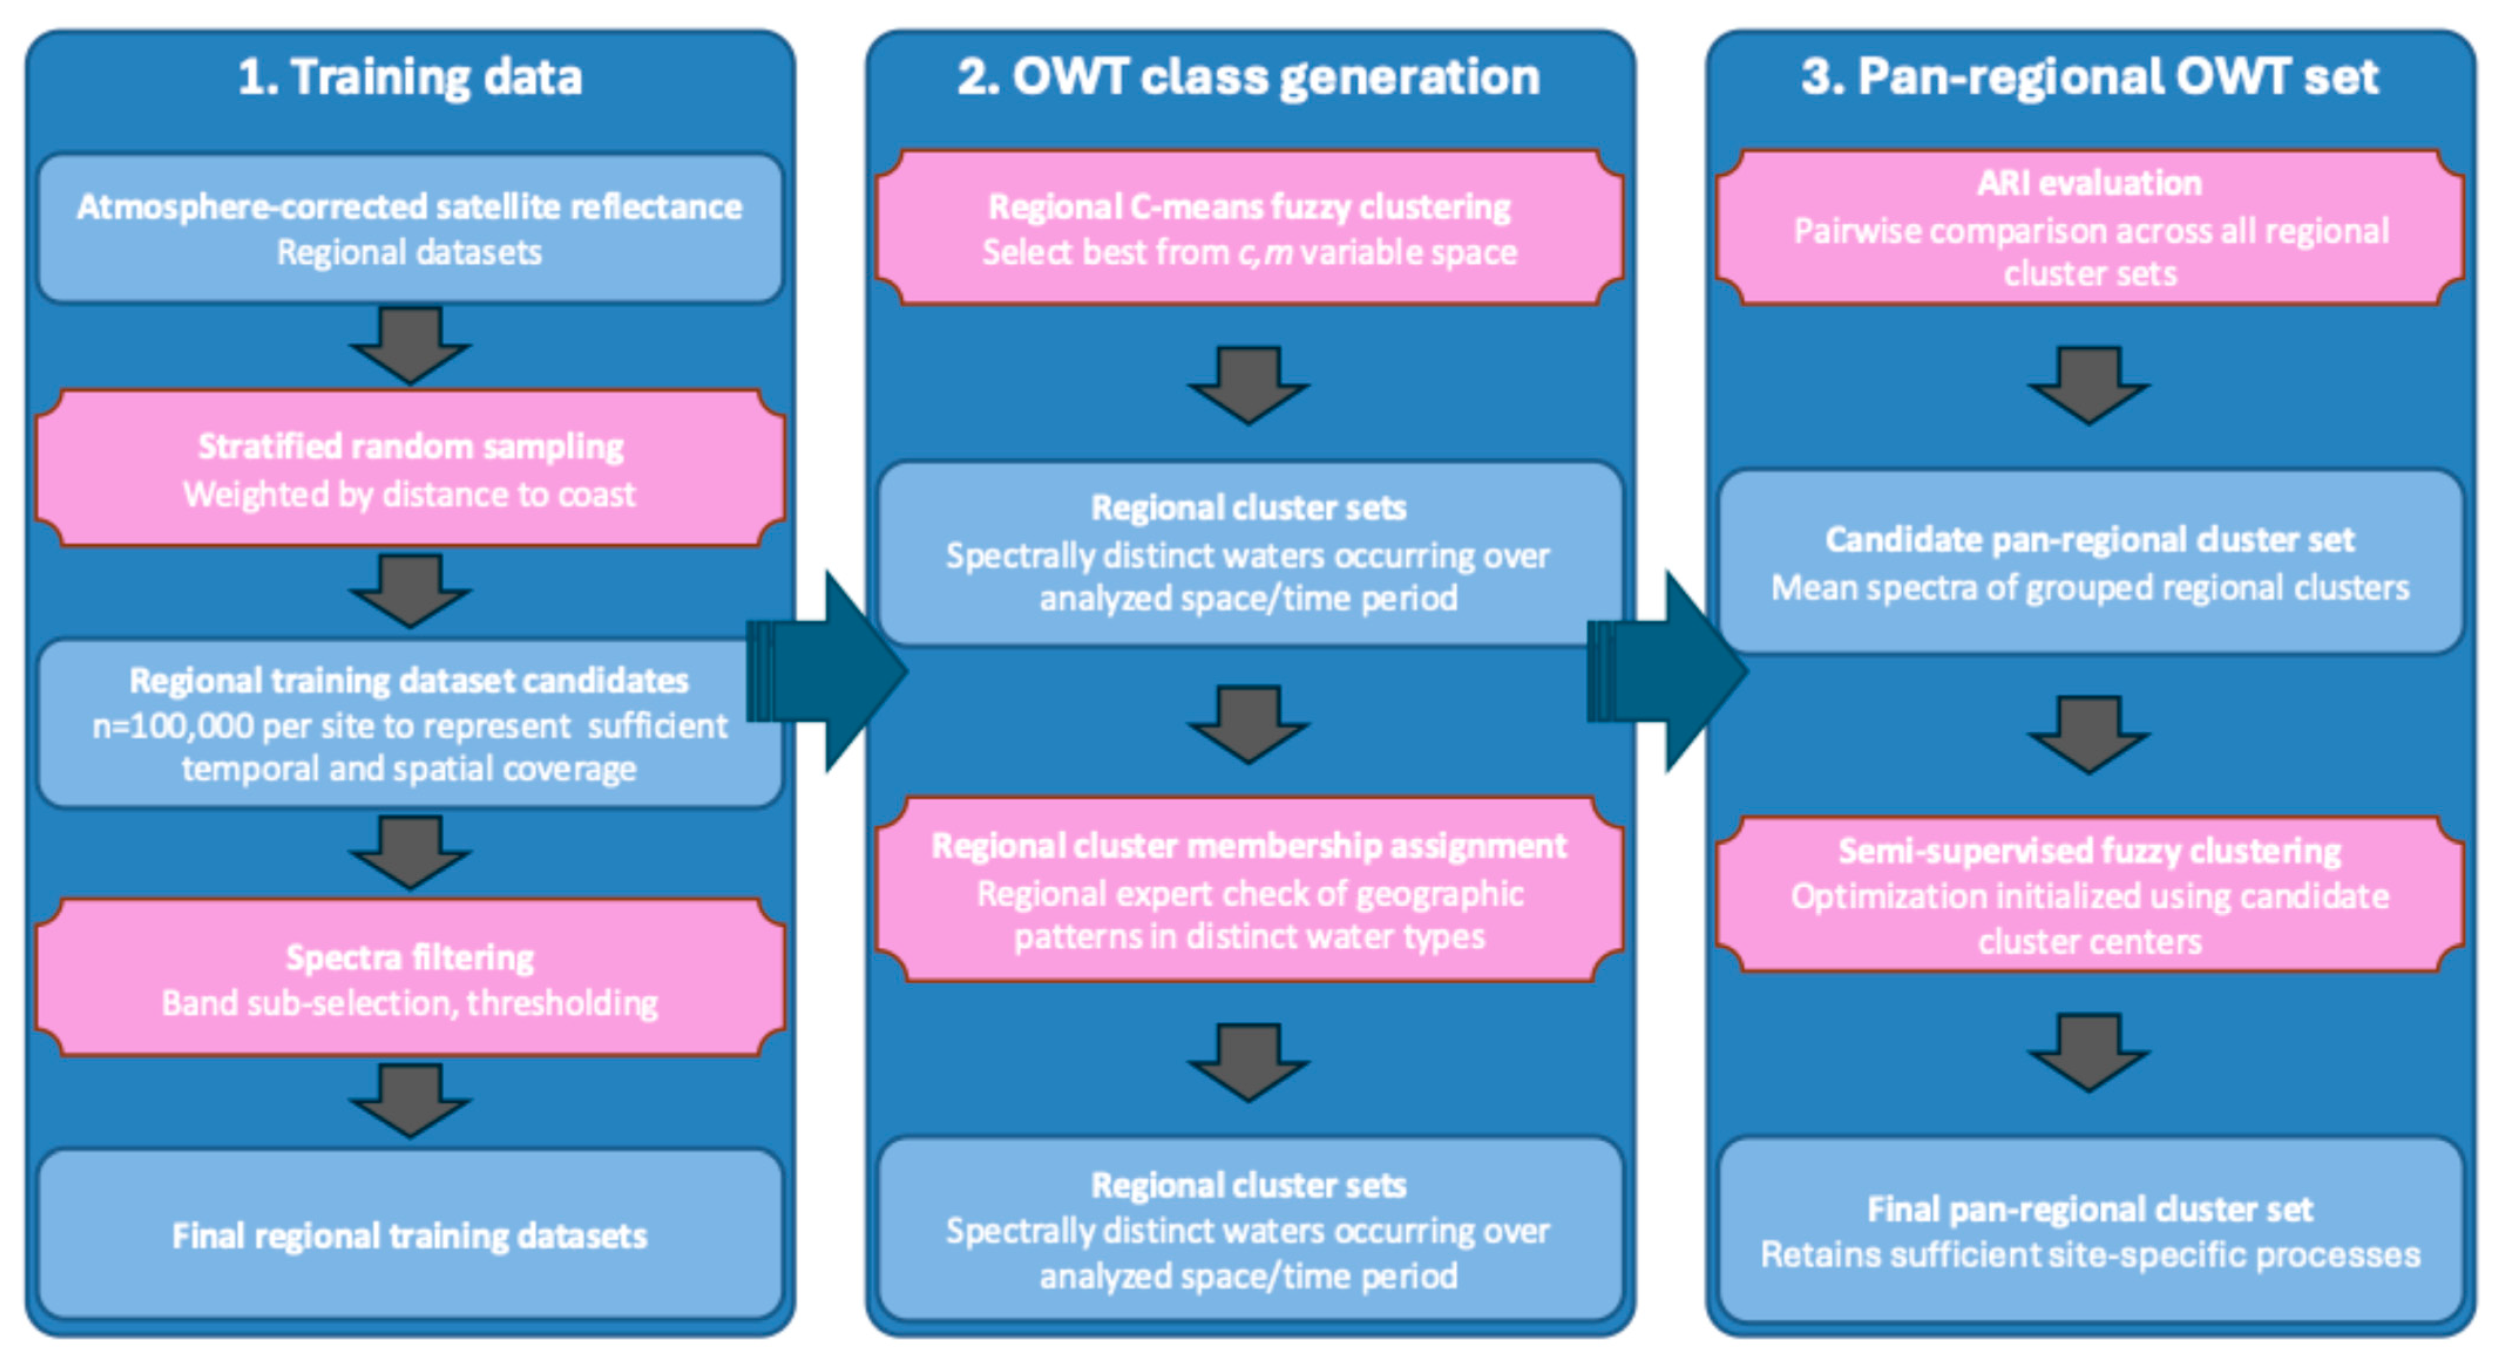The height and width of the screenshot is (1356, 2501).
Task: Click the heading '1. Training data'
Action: tap(410, 77)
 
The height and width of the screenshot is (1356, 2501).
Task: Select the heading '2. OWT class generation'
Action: tap(1249, 77)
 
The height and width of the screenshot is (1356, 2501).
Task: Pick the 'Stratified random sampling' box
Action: tap(410, 469)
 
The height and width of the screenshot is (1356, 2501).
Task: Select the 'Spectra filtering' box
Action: tap(410, 978)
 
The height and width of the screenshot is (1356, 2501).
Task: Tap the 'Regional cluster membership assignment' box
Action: tap(1249, 890)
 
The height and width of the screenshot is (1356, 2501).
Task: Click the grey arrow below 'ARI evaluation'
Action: tap(2089, 385)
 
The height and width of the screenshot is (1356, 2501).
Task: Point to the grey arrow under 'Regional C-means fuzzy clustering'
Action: tap(1249, 385)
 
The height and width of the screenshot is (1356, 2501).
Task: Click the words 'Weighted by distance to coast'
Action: tap(410, 495)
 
